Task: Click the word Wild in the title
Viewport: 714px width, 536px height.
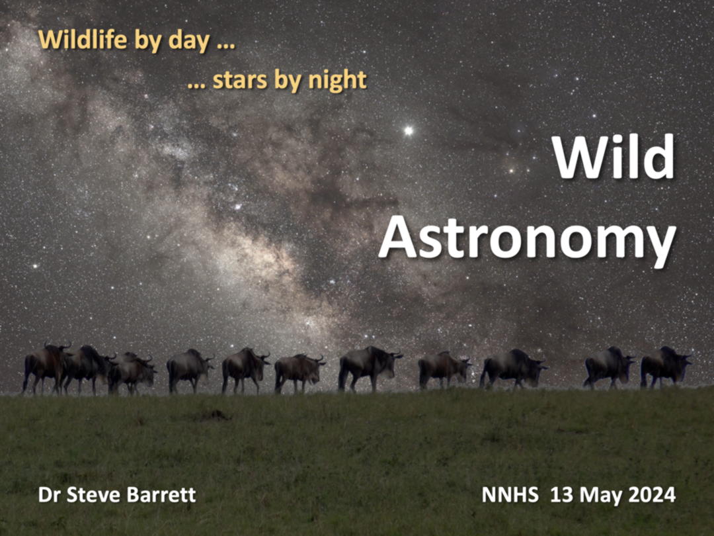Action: pos(613,157)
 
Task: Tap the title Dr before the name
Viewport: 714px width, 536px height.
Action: pos(50,494)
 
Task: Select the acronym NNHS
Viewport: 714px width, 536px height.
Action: pos(510,494)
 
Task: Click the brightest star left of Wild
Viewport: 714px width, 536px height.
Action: pos(409,131)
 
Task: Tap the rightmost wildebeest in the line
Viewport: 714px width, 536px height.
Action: pos(666,367)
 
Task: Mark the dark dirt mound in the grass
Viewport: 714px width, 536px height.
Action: pos(212,415)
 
